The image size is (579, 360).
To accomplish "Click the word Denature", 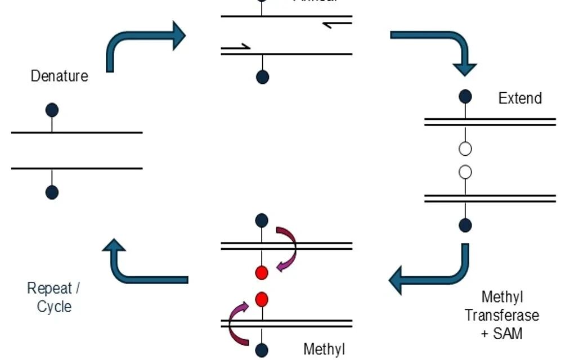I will pyautogui.click(x=59, y=76).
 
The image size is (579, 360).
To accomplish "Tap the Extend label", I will pyautogui.click(x=520, y=98).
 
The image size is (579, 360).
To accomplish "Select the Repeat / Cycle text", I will pyautogui.click(x=54, y=298).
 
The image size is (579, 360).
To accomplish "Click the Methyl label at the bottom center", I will pyautogui.click(x=324, y=349).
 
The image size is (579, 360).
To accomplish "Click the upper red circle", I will pyautogui.click(x=261, y=273).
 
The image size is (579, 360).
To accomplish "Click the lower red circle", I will pyautogui.click(x=261, y=298).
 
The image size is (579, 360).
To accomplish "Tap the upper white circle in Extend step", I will pyautogui.click(x=465, y=149).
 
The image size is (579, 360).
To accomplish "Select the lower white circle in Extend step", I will pyautogui.click(x=465, y=172).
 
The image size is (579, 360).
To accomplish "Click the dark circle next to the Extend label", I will pyautogui.click(x=465, y=96).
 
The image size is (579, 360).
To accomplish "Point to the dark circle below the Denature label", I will pyautogui.click(x=52, y=110).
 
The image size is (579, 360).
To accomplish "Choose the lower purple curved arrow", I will pyautogui.click(x=236, y=323).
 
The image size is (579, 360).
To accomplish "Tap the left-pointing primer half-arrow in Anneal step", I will pyautogui.click(x=338, y=24).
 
